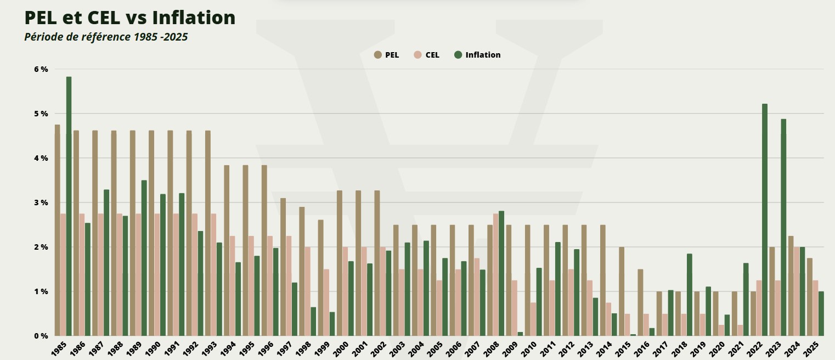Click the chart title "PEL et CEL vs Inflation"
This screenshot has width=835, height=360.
pos(130,18)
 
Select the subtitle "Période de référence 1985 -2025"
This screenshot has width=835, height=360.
pos(106,37)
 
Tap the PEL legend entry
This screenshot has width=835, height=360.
pos(387,55)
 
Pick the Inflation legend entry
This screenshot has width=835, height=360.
pos(477,55)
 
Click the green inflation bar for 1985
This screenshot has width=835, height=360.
pos(69,206)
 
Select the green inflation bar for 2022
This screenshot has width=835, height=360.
pos(765,220)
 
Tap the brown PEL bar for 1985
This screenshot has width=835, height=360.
pos(58,230)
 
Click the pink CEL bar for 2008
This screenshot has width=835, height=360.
pos(496,274)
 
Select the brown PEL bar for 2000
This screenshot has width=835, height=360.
pos(340,263)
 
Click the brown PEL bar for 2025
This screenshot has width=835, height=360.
pos(810,296)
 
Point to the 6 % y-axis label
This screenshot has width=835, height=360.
pos(41,69)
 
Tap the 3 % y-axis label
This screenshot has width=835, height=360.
pos(41,203)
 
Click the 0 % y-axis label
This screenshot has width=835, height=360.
pos(41,335)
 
